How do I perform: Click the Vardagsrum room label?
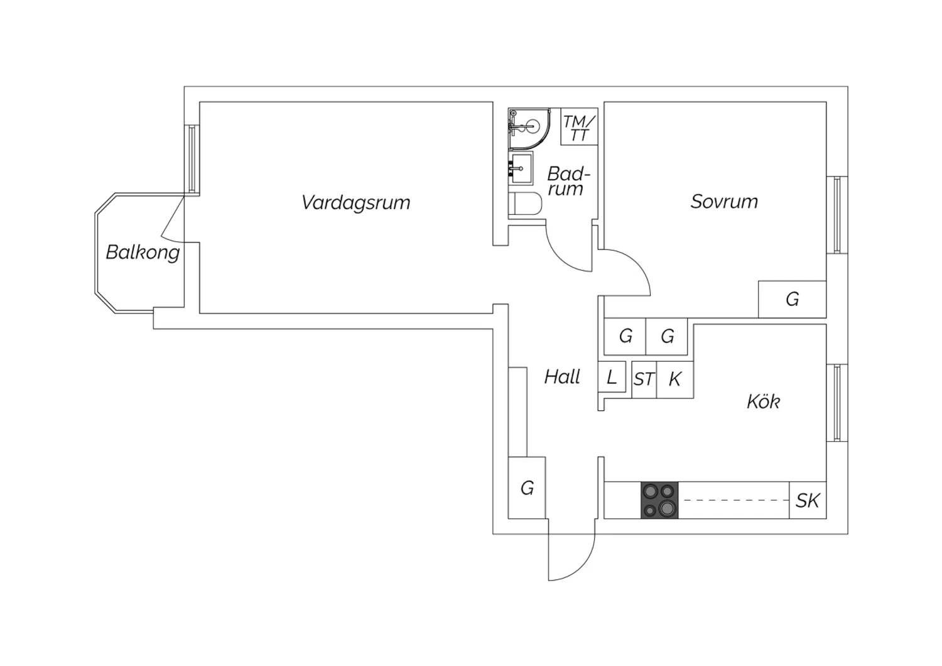[355, 202]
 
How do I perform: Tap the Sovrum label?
[724, 202]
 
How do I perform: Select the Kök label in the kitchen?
[763, 401]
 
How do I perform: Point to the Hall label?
[562, 377]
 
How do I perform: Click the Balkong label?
[143, 252]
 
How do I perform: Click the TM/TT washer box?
[578, 128]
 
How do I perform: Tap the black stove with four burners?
[659, 500]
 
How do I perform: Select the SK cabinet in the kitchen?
[808, 500]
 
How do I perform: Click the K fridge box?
[675, 379]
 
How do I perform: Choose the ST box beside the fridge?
[644, 379]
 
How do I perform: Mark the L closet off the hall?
[612, 378]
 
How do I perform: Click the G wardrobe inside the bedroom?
[792, 299]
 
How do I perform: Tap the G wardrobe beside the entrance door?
[527, 488]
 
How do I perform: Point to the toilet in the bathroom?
[526, 204]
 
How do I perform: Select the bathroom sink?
[521, 168]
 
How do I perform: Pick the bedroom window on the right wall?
[837, 215]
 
